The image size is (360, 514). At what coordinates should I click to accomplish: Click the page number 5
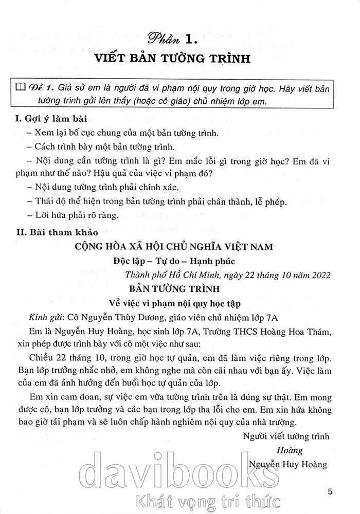330,491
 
